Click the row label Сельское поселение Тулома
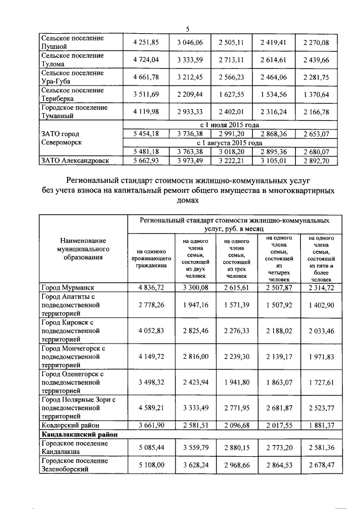(73, 60)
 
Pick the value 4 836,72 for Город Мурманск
(147, 288)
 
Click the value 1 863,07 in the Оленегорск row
(275, 382)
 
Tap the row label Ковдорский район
(67, 425)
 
